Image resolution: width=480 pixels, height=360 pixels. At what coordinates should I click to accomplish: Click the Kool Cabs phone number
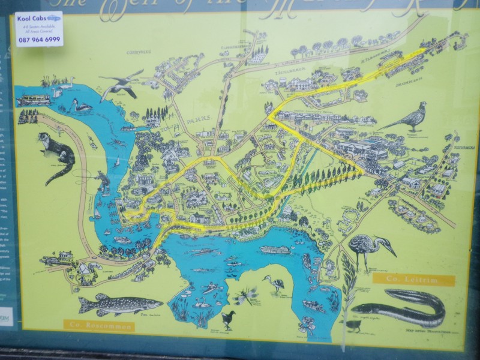(x=38, y=40)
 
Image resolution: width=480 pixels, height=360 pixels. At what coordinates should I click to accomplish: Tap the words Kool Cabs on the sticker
(x=31, y=19)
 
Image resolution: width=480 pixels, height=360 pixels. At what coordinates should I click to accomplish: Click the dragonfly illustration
(x=246, y=295)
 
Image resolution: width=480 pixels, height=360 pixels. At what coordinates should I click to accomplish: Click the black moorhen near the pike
(x=228, y=319)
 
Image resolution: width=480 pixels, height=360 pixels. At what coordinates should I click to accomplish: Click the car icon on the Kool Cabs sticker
(x=53, y=19)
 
